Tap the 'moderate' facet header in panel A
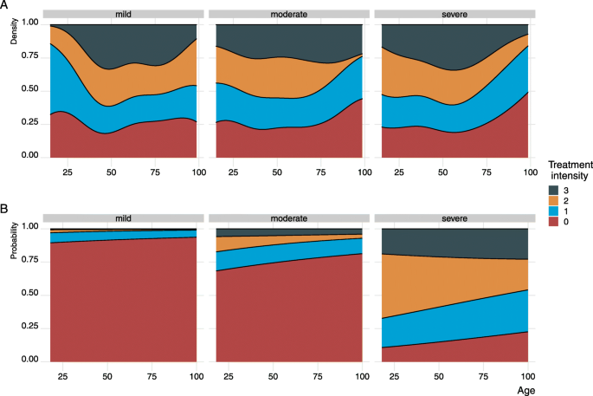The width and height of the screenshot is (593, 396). click(287, 16)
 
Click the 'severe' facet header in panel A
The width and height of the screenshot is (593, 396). click(454, 16)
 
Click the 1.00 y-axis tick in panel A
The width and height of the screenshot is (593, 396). click(29, 24)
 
